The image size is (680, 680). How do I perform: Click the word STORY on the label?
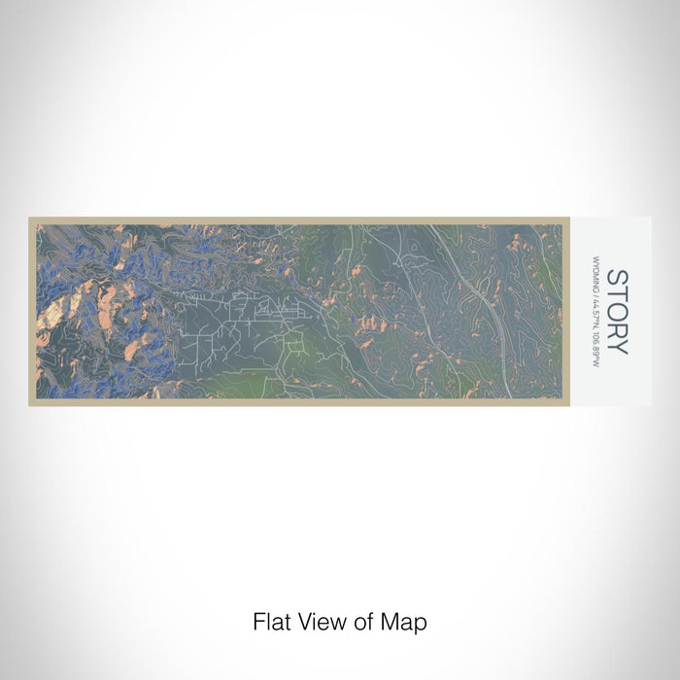click(x=617, y=312)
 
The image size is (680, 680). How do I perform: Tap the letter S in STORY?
click(x=617, y=279)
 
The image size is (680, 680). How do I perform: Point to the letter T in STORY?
click(x=617, y=294)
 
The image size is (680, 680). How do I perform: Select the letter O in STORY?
click(x=617, y=312)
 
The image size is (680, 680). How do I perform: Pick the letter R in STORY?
click(x=617, y=329)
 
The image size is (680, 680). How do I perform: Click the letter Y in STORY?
click(x=617, y=346)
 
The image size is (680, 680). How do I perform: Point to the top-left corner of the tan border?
click(x=30, y=220)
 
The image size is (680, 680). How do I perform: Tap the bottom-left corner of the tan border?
click(x=30, y=403)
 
